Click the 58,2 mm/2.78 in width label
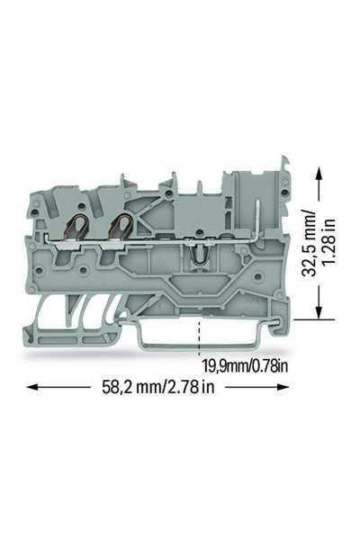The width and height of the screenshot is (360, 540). point(157,387)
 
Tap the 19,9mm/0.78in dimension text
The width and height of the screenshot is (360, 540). point(244,366)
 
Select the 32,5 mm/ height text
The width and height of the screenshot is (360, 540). point(308,244)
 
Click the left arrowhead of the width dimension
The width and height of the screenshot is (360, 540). point(31,387)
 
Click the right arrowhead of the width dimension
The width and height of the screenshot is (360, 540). point(283,387)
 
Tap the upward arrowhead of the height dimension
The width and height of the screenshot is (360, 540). point(319,172)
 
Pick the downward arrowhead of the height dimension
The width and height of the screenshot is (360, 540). point(319,314)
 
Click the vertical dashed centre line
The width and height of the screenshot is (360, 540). point(199,338)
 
